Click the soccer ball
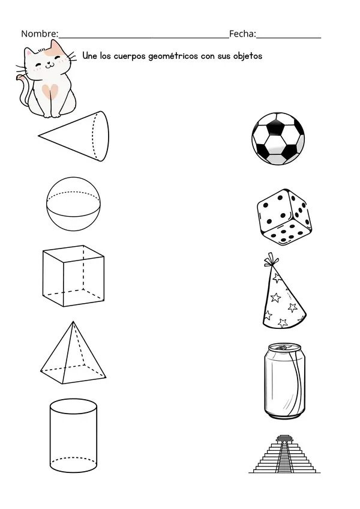click(278, 139)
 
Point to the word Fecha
click(242, 34)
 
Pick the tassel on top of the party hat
click(271, 260)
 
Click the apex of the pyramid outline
click(73, 322)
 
